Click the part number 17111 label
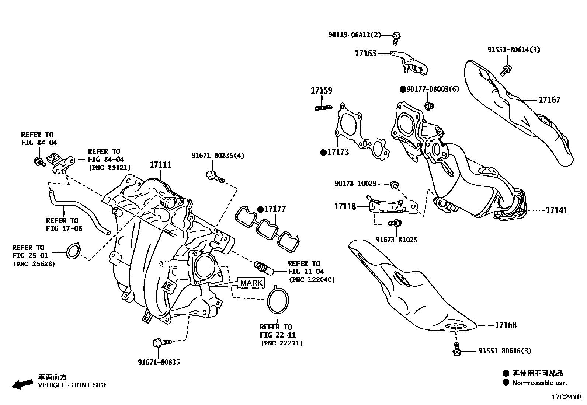pos(160,165)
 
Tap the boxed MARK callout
pos(251,283)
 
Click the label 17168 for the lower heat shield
pos(506,325)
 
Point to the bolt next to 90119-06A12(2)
pos(396,36)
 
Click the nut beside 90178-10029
pos(393,184)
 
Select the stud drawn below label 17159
pos(323,108)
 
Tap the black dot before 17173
pos(323,152)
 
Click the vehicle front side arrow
pos(21,384)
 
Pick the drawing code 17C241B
pos(566,397)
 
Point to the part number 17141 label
pos(556,210)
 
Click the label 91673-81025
pos(396,240)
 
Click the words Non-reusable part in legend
pos(539,383)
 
